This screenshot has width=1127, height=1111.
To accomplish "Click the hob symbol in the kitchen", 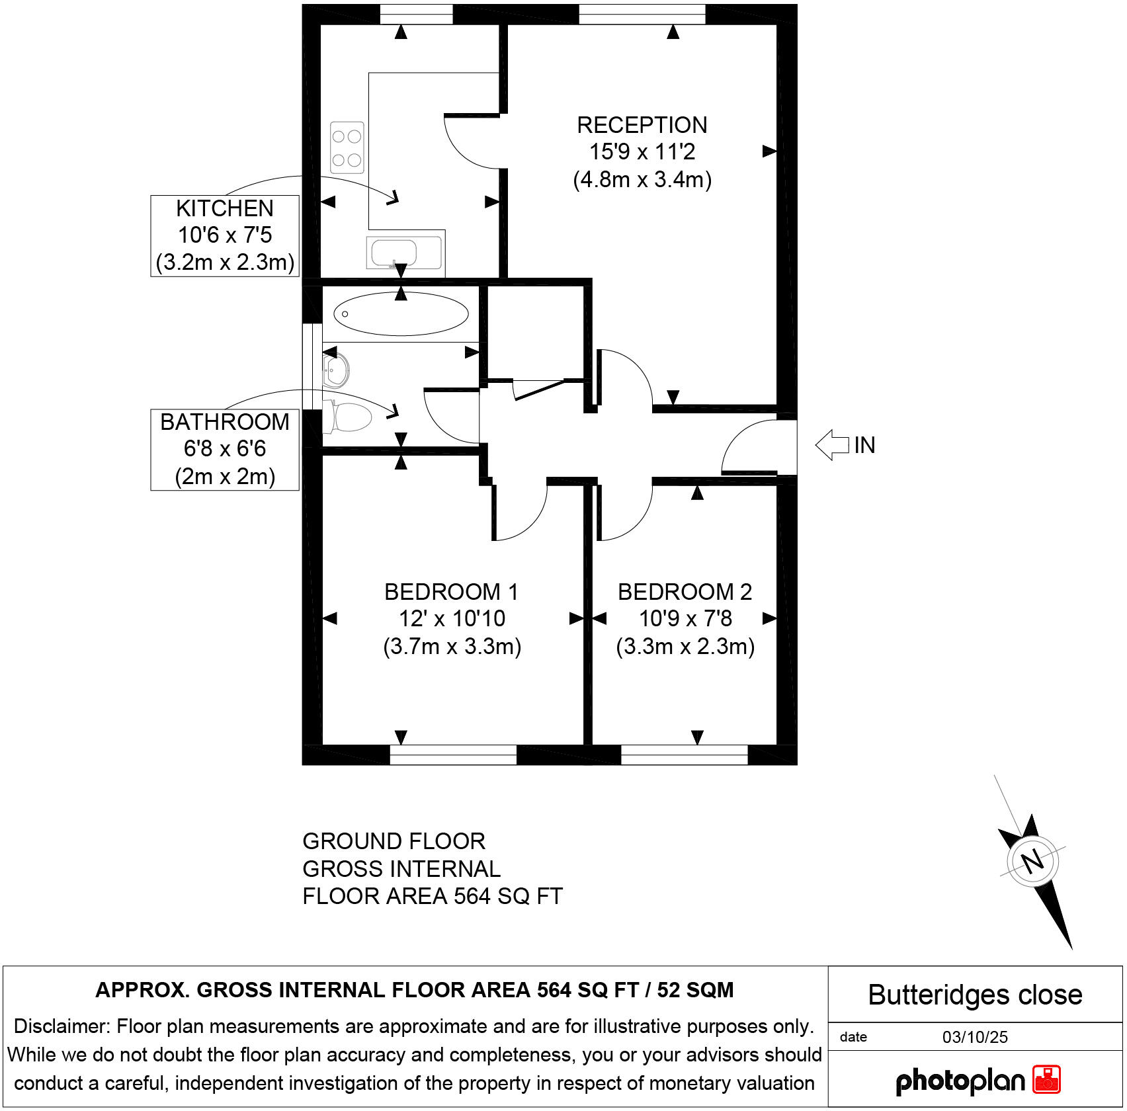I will [x=347, y=147].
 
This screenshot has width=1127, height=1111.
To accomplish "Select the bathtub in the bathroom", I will [x=401, y=313].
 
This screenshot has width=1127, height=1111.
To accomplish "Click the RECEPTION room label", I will [x=642, y=125].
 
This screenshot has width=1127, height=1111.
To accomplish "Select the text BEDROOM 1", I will [x=451, y=592].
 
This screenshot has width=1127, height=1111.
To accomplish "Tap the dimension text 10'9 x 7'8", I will [x=685, y=619].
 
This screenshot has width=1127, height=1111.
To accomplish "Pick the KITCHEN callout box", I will [x=225, y=235].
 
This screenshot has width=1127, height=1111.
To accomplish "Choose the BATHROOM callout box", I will [x=225, y=449].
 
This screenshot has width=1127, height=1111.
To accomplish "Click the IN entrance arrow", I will [x=833, y=445].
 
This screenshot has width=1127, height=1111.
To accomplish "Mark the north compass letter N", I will [x=1032, y=861].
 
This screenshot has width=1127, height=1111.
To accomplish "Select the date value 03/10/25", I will [x=975, y=1037].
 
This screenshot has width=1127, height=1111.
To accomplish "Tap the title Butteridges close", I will [x=975, y=995].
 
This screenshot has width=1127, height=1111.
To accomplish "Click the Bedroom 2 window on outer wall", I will [x=685, y=755].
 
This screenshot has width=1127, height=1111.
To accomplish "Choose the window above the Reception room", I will [x=642, y=14].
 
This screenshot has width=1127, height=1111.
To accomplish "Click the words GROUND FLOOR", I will [x=394, y=841].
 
